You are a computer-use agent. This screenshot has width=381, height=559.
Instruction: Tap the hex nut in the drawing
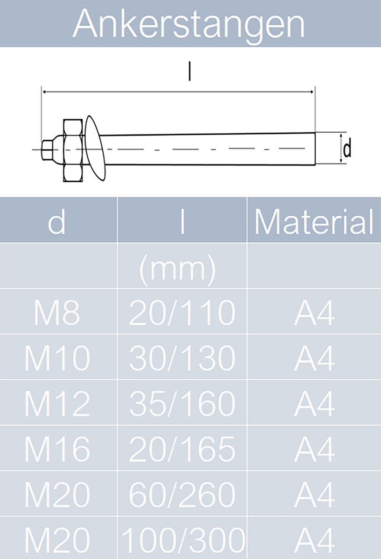[x=73, y=150]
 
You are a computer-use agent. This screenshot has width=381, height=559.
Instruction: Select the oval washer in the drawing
[x=95, y=148]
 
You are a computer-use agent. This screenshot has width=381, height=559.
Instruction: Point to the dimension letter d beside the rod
[x=347, y=148]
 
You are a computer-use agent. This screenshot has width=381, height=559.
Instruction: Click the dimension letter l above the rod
[x=190, y=71]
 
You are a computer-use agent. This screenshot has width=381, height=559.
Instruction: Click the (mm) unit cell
[x=177, y=270]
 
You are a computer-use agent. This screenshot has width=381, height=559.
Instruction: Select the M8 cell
[x=57, y=313]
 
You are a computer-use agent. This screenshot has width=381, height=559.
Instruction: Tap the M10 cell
[x=57, y=358]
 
